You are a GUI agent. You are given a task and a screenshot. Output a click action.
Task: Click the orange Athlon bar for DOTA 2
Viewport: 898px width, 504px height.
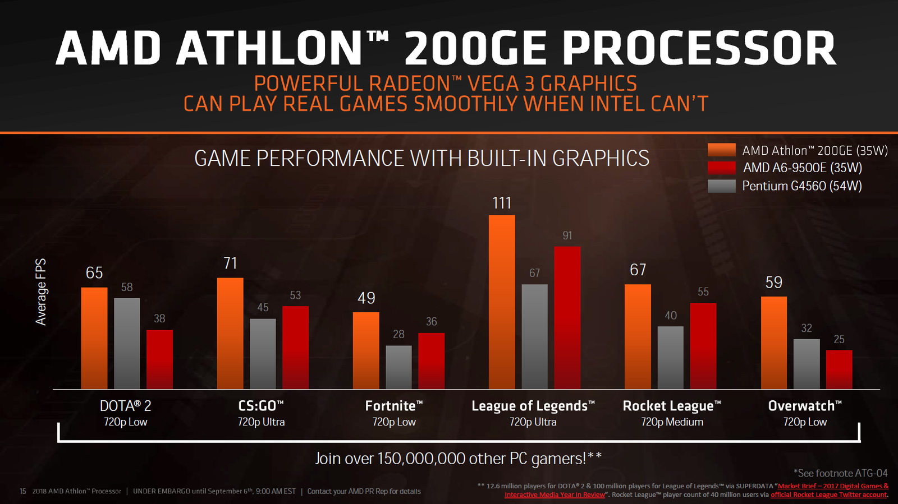click(x=94, y=338)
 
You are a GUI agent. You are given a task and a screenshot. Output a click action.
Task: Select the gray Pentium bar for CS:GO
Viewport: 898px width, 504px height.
click(x=263, y=354)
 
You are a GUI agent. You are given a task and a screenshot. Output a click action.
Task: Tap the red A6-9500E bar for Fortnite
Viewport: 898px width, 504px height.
click(x=431, y=360)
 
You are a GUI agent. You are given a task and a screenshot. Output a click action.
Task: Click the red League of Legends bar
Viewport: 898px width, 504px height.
click(x=567, y=317)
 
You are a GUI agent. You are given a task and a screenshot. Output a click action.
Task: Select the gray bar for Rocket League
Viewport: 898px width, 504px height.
click(x=670, y=357)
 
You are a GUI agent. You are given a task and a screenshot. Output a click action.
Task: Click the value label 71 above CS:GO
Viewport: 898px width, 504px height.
click(x=230, y=263)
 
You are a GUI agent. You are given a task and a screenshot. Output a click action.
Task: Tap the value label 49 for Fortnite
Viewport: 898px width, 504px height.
click(x=366, y=298)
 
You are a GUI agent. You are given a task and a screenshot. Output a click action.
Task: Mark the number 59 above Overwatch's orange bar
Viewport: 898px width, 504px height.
click(x=773, y=283)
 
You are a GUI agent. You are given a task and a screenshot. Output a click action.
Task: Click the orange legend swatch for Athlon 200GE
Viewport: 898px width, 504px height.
click(x=721, y=150)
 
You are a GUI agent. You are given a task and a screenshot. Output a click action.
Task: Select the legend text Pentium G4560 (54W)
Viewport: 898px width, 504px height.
click(x=801, y=186)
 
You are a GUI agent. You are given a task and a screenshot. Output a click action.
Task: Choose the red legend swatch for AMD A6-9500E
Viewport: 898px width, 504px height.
click(x=721, y=168)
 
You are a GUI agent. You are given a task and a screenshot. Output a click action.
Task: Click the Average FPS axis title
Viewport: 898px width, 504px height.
click(x=41, y=292)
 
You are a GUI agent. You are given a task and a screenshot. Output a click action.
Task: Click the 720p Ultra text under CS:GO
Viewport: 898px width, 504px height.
click(x=261, y=422)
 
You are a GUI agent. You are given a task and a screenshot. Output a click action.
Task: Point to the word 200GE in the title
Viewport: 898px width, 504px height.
click(x=475, y=49)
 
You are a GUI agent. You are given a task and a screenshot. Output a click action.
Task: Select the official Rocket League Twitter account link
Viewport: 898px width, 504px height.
click(x=828, y=495)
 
